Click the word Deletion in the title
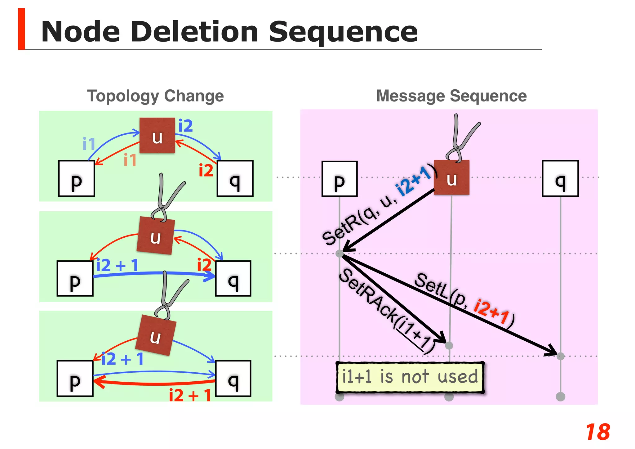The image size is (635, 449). pos(194,32)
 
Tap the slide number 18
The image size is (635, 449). pos(597,432)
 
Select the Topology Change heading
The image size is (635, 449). pos(155,96)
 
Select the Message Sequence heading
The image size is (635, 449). pos(451,96)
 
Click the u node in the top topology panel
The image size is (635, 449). pos(157,136)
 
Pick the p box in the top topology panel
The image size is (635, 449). pos(77,178)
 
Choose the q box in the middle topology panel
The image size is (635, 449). pos(233,278)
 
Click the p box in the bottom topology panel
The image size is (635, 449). pos(75,379)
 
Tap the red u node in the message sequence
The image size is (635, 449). pos(451,177)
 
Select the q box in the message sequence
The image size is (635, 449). pos(560,178)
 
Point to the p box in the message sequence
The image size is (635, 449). pos(340,179)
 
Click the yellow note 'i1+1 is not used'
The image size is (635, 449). pos(410,377)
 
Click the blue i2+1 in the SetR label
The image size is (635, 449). pos(413,181)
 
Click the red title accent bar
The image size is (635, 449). pos(21,29)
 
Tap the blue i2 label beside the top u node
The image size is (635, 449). pos(185,126)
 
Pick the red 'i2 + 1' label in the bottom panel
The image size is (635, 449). pos(190,395)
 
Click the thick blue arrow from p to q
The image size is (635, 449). pos(155,274)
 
